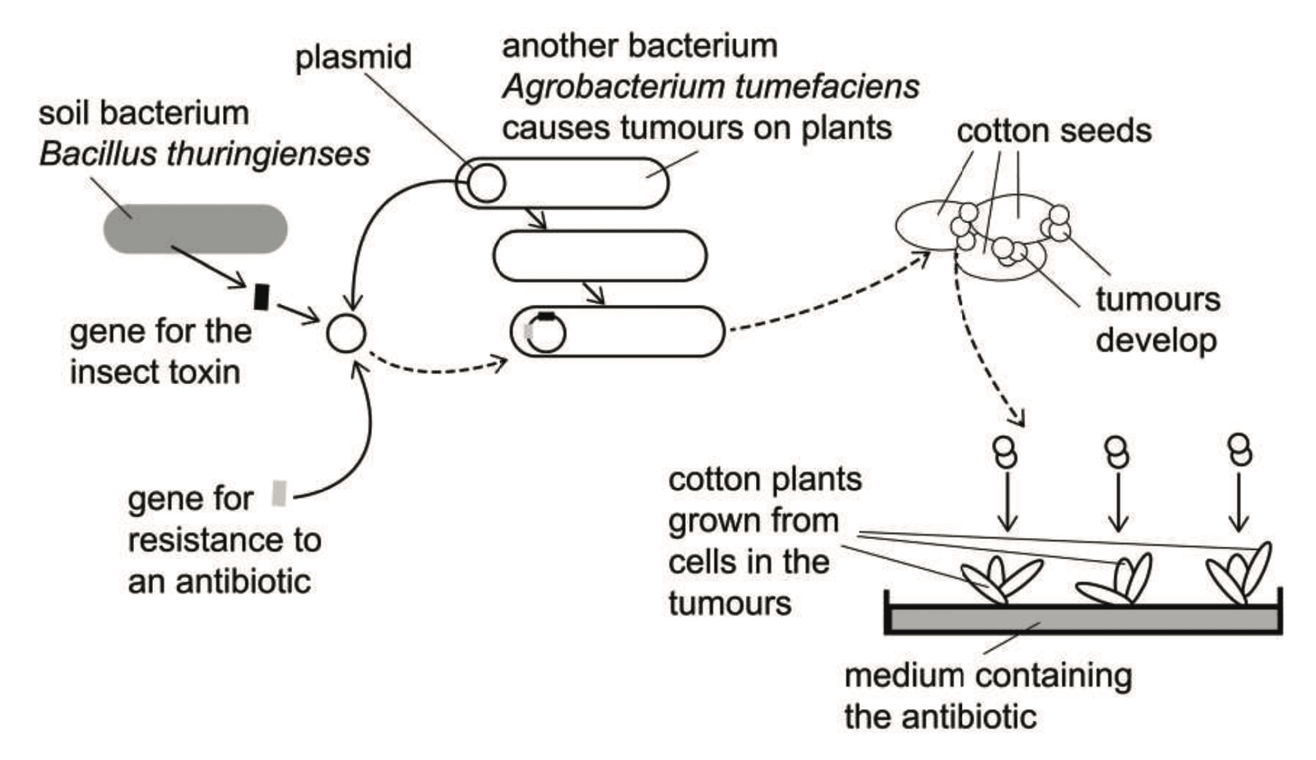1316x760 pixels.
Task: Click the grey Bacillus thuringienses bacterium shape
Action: point(195,229)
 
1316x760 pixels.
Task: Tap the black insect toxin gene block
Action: point(262,297)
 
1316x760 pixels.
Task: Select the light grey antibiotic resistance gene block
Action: point(279,494)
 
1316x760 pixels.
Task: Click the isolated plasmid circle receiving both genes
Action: point(345,334)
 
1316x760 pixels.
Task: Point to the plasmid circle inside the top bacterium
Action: point(485,183)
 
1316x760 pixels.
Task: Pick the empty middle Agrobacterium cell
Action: point(599,256)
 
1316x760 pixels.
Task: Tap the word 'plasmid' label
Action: point(353,58)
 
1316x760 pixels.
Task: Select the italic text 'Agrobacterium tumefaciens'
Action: point(711,86)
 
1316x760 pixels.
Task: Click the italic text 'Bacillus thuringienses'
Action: point(204,154)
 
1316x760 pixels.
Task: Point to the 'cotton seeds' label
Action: point(1054,131)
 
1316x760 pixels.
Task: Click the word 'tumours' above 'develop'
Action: point(1157,299)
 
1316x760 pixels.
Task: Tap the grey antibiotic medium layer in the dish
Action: point(1082,619)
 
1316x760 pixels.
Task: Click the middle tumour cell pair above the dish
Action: point(1116,451)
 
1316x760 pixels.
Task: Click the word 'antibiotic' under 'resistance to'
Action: point(219,582)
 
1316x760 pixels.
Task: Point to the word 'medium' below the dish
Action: point(892,675)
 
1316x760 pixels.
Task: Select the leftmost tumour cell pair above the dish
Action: point(1006,451)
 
